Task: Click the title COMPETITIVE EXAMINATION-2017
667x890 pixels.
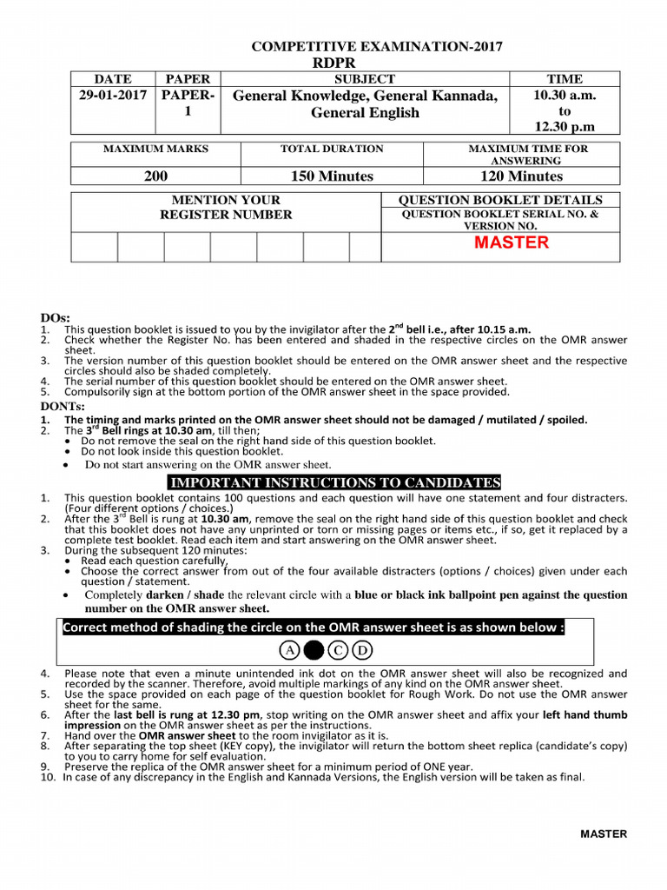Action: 376,47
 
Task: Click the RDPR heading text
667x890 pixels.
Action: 333,63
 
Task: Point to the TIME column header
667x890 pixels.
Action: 565,78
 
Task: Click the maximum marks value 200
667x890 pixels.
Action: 155,176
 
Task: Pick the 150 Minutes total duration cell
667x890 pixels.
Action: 332,176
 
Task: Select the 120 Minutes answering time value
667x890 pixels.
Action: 522,176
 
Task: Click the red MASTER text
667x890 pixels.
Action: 512,242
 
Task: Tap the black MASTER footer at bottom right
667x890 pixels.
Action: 603,834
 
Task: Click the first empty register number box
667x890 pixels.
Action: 94,247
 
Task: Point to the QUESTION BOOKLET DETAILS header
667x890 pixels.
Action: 501,200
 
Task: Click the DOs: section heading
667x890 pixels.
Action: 56,318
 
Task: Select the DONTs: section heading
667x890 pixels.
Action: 63,406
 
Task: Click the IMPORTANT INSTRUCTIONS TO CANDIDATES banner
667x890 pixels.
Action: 333,482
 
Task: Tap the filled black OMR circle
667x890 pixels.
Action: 314,650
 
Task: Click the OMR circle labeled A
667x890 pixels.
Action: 288,650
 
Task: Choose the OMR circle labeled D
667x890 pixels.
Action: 362,650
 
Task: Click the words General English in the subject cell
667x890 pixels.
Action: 365,113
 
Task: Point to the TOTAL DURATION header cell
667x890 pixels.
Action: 332,149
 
